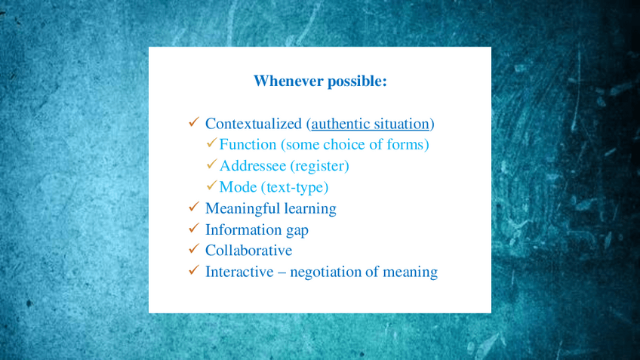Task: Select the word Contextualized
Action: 253,124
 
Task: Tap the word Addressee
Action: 253,166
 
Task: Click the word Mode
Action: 238,187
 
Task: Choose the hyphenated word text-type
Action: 294,188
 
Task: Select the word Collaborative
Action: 248,251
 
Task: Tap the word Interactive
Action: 239,272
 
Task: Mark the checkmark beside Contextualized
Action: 194,122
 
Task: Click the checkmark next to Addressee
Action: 211,164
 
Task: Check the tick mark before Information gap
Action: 194,228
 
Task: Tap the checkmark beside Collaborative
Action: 194,248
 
